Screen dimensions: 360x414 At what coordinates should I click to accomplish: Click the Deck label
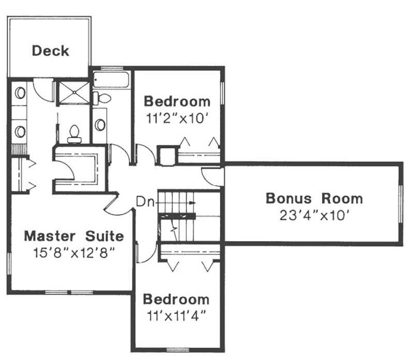[50, 51]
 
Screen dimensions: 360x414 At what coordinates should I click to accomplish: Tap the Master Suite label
[75, 236]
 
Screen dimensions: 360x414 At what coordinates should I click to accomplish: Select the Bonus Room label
[314, 198]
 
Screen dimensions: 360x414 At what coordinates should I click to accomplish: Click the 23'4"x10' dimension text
[314, 215]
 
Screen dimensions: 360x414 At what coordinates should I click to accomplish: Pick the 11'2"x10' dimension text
[177, 117]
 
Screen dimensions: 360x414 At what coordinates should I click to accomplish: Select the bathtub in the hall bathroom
[111, 80]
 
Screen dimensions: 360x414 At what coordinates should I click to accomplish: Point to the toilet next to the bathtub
[102, 98]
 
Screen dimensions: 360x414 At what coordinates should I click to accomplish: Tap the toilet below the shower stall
[75, 133]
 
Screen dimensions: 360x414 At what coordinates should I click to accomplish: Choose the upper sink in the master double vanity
[20, 93]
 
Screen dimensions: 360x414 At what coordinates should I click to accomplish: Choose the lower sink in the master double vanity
[20, 131]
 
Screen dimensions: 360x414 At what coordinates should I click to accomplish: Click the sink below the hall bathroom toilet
[100, 125]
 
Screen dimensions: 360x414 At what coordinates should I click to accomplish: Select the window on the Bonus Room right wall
[400, 202]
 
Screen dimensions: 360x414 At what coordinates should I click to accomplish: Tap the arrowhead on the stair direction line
[192, 203]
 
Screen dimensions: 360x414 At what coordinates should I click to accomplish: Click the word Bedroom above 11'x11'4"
[176, 299]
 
